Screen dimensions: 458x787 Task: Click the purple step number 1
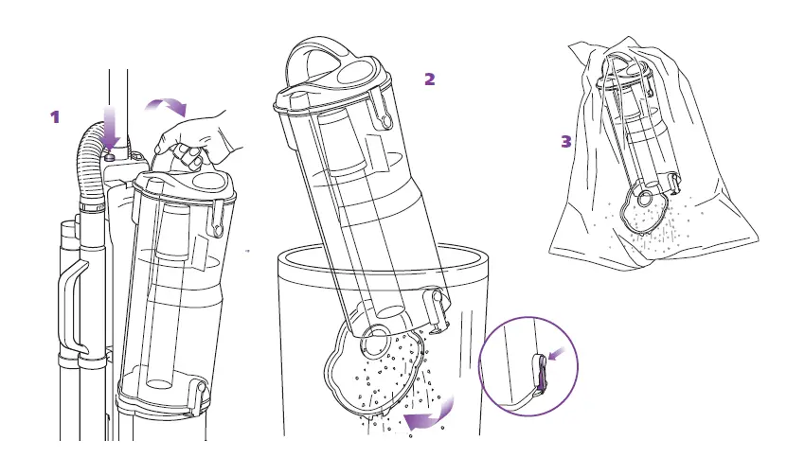[x=55, y=116]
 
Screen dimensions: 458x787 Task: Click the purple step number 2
[x=429, y=79]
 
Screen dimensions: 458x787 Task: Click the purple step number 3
[x=566, y=141]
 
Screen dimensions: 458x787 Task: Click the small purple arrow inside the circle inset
[x=558, y=353]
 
